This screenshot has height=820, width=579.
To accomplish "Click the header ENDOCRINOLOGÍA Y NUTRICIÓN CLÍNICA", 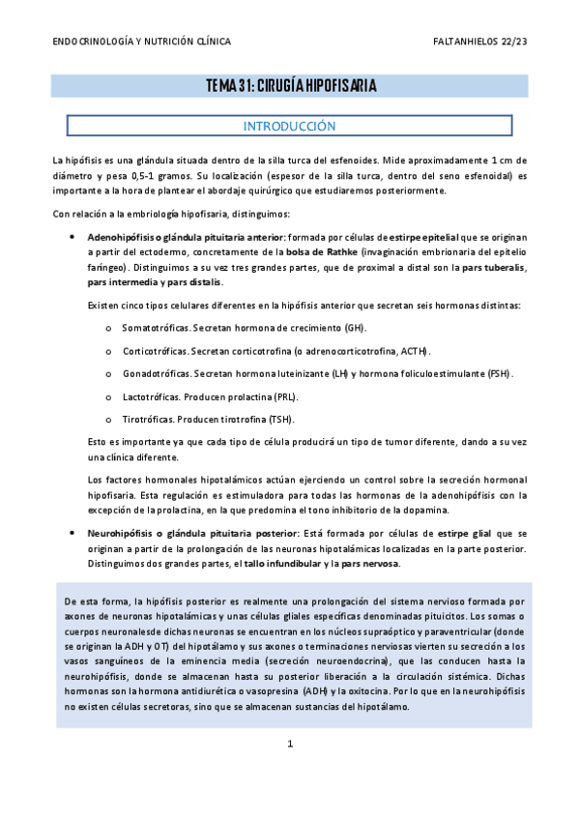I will click(141, 43).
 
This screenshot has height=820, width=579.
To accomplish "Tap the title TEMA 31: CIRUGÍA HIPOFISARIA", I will click(290, 87).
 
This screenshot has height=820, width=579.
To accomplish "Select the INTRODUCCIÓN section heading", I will click(290, 126).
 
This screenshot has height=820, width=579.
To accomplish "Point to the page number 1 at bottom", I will click(290, 744).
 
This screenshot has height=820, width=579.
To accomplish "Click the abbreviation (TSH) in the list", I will click(280, 419).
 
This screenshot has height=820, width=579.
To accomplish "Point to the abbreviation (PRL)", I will click(283, 396).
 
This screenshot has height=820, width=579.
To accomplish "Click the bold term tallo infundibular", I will click(282, 564).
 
